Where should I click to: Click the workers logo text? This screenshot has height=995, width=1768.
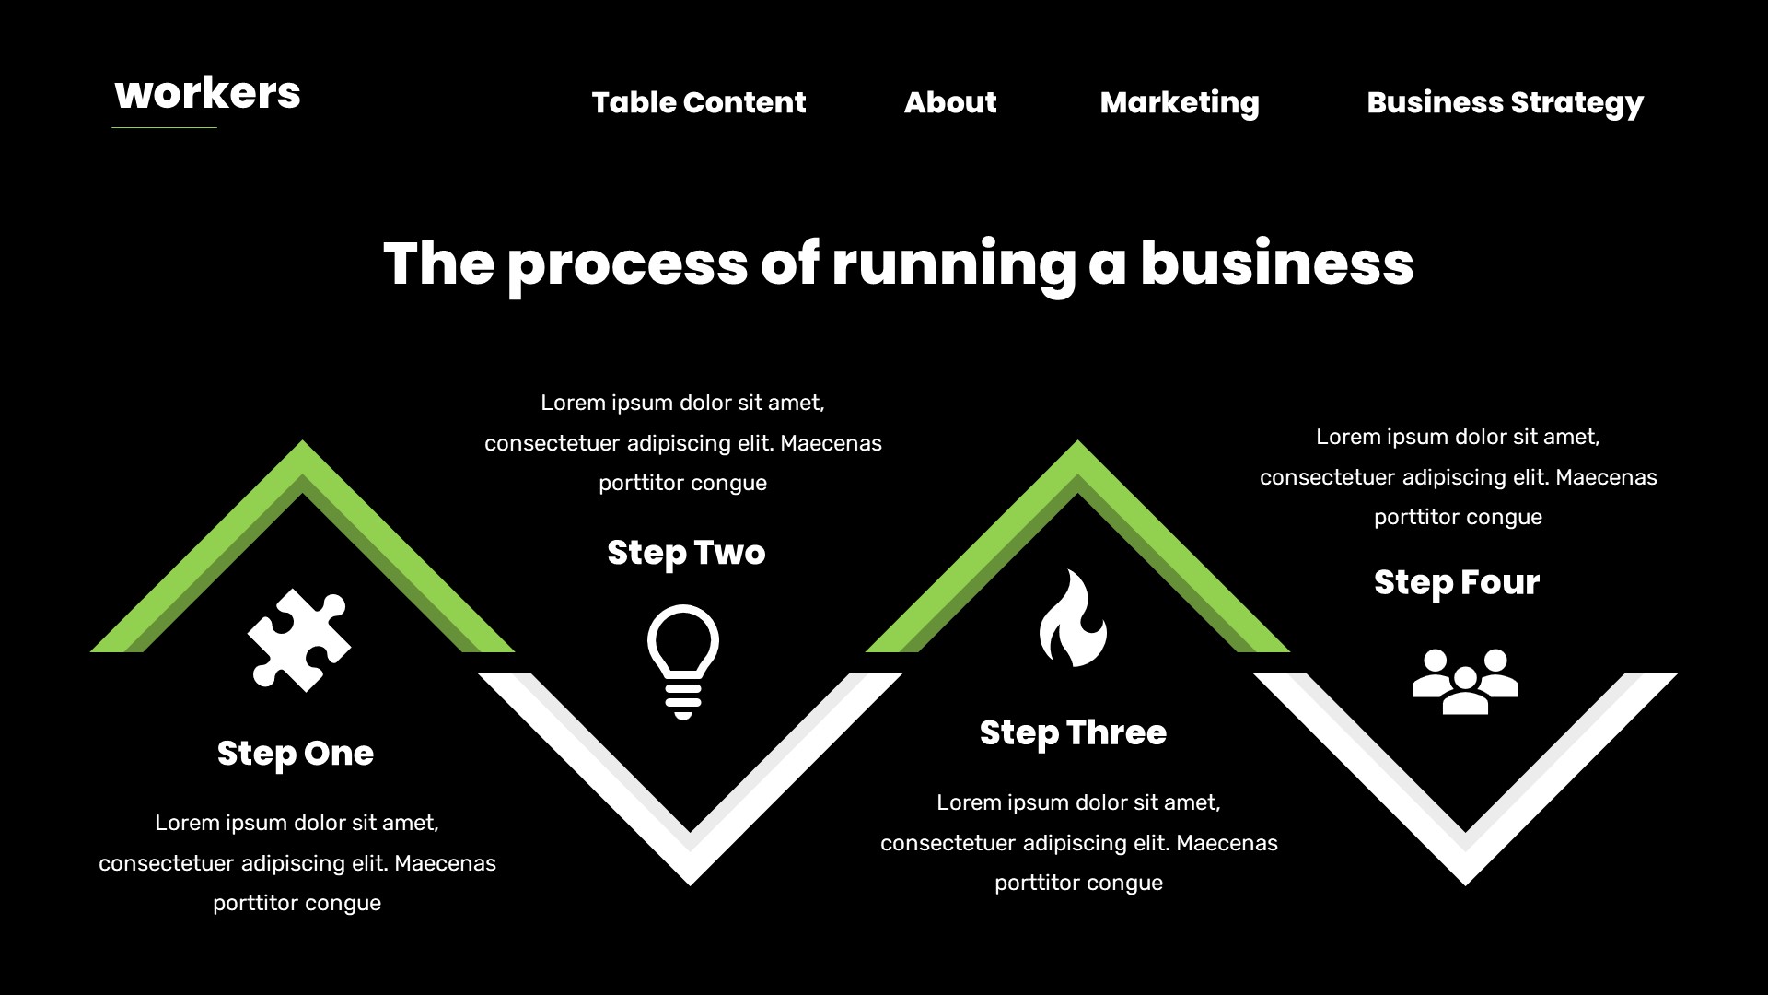[x=207, y=94]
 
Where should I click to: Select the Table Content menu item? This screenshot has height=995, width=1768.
[x=698, y=102]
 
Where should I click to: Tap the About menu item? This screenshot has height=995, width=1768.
[x=949, y=102]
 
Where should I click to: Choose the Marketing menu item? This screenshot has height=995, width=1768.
[x=1179, y=102]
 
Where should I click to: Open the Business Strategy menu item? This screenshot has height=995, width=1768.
[x=1505, y=102]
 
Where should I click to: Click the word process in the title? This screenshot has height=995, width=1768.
[x=627, y=264]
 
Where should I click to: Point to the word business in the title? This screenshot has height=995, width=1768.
[x=1276, y=263]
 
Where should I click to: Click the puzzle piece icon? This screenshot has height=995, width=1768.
[x=299, y=640]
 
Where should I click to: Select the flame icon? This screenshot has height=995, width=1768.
[x=1073, y=618]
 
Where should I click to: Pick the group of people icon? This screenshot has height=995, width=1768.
[x=1464, y=682]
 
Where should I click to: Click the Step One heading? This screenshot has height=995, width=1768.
[x=296, y=754]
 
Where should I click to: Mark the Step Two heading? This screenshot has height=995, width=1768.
[x=686, y=553]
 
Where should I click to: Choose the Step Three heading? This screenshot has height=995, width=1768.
[x=1073, y=733]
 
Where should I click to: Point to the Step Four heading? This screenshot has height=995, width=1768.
[x=1456, y=582]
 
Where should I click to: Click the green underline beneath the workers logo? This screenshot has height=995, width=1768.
[x=164, y=127]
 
